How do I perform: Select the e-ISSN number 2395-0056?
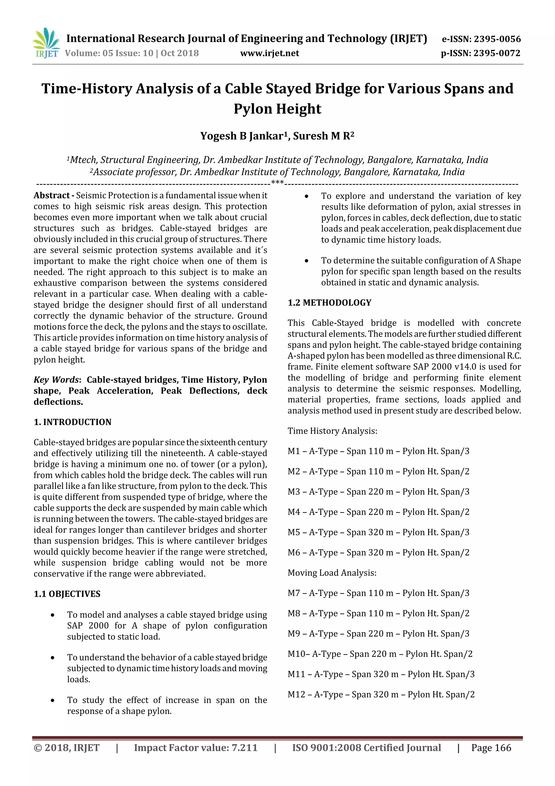497,39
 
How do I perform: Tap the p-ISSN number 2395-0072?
497,53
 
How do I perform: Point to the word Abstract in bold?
52,195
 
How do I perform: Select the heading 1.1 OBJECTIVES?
67,594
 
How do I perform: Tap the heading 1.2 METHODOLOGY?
329,303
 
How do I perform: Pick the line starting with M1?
378,451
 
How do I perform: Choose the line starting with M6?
378,552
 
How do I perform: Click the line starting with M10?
380,654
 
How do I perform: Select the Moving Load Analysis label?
332,573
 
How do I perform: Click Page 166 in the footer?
491,748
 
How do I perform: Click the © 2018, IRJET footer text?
66,748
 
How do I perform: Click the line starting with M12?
381,694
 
